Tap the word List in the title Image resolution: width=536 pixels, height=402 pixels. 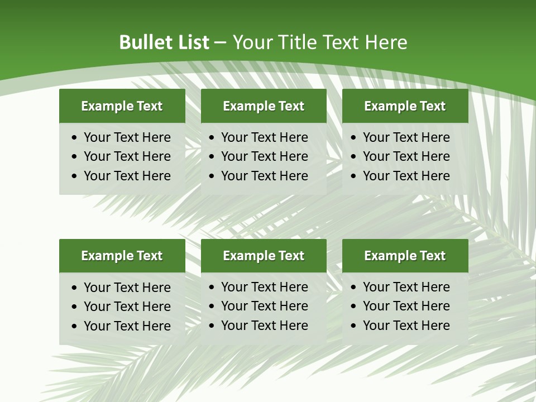point(193,42)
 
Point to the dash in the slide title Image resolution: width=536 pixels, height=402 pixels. point(221,43)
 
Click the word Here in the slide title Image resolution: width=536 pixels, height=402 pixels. point(386,42)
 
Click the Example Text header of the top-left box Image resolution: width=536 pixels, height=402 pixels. point(122,106)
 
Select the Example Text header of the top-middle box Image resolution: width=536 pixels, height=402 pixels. point(264,106)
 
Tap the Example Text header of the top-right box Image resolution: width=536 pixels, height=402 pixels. point(405,106)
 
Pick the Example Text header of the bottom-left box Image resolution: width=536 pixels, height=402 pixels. point(122,256)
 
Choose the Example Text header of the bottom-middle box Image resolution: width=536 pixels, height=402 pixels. point(264,256)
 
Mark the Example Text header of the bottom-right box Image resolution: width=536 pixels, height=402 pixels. point(405,256)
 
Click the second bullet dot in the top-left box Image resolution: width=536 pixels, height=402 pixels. point(75,157)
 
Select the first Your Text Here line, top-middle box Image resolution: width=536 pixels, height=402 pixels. point(264,137)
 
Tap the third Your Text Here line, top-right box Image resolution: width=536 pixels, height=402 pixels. point(406,176)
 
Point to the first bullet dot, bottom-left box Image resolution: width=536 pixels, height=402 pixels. point(75,288)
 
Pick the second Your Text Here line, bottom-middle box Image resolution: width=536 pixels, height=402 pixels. point(264,306)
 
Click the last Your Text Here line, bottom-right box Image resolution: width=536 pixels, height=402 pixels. point(406,326)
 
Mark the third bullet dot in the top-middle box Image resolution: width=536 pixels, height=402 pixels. point(212,176)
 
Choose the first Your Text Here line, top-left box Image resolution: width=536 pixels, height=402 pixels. point(127,137)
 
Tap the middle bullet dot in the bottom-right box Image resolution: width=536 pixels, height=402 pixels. point(354,307)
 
